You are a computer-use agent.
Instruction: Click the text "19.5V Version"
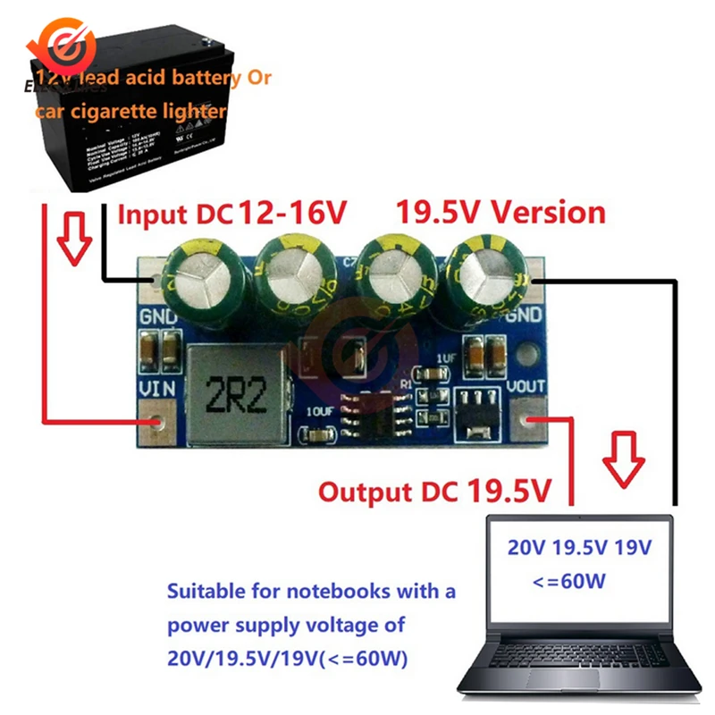500,213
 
